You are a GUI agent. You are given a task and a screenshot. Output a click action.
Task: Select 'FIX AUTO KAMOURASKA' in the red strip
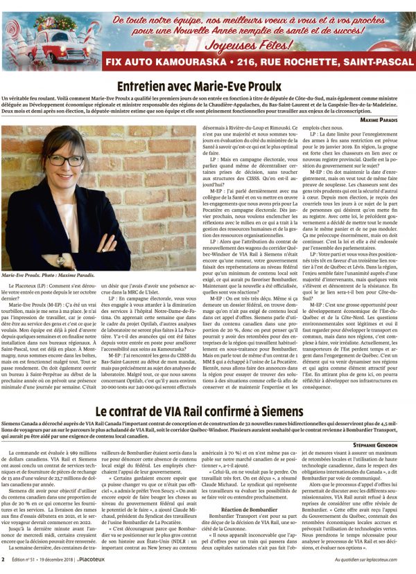pos(166,62)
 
